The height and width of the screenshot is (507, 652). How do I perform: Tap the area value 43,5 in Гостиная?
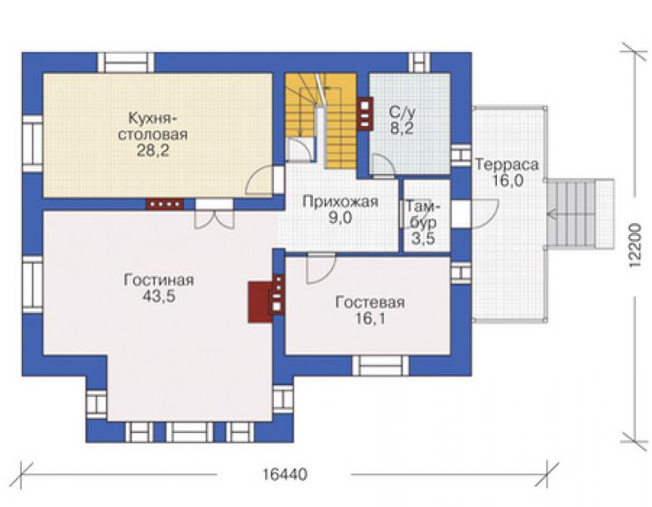tap(159, 296)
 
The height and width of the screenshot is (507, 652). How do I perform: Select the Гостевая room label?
tap(370, 302)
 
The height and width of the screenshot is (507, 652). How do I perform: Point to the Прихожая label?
tap(341, 202)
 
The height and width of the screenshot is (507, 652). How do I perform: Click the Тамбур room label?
tap(423, 215)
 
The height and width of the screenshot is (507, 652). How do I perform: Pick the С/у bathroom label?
tap(402, 112)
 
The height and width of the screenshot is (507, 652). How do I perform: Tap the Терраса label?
tap(507, 165)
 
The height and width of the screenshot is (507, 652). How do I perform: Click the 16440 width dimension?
tap(285, 474)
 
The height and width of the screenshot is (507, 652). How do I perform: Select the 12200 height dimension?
tap(635, 246)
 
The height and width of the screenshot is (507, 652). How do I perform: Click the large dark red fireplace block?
tap(260, 302)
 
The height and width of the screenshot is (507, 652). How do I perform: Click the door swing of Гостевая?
tap(321, 268)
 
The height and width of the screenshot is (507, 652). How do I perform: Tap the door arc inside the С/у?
tap(382, 166)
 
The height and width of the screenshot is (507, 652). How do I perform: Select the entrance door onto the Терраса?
tap(484, 214)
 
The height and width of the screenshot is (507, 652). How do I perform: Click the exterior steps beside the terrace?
tap(580, 214)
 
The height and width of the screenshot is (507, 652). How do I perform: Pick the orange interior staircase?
tap(321, 121)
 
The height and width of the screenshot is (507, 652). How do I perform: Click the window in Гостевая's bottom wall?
tap(380, 365)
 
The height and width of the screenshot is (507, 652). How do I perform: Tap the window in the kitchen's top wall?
tap(126, 63)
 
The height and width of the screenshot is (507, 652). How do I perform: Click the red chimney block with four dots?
tap(165, 204)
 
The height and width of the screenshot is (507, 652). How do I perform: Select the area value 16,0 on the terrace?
tap(508, 181)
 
